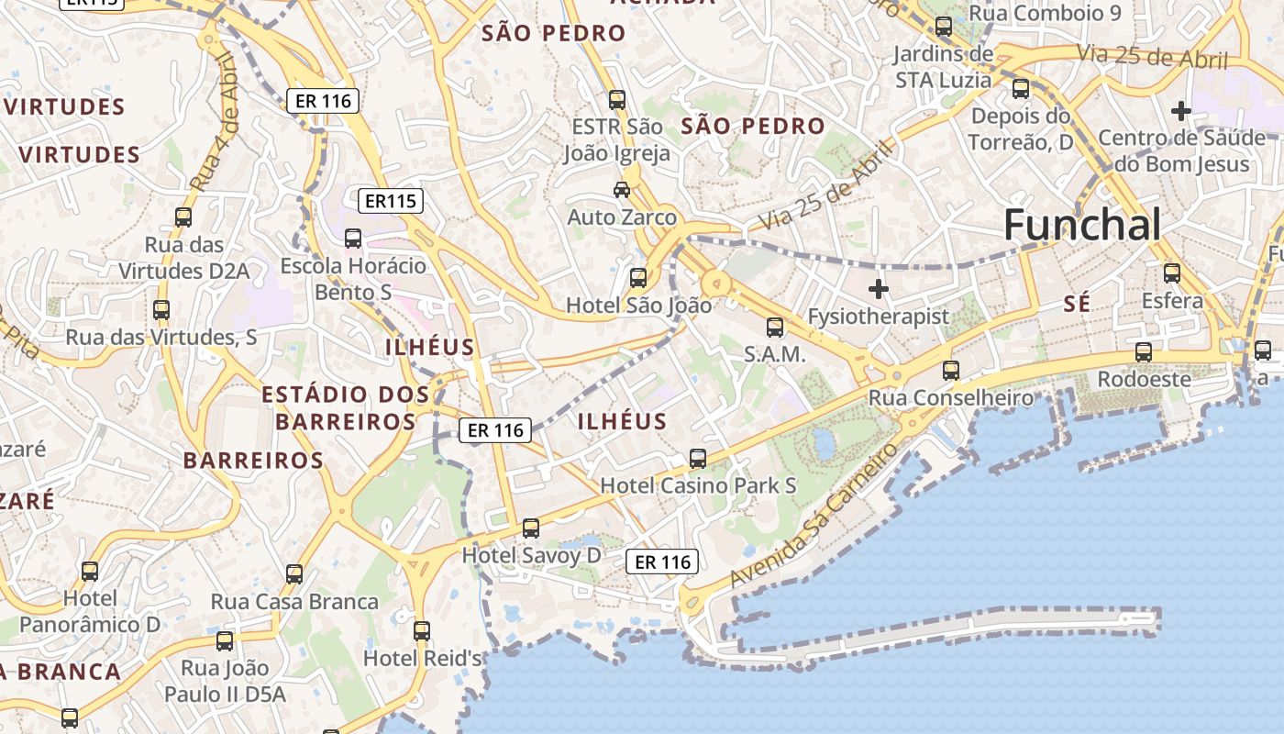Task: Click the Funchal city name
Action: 1082,225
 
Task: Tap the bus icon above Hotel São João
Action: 637,277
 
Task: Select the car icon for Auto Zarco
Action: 622,190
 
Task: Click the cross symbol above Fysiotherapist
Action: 879,289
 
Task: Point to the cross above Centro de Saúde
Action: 1181,112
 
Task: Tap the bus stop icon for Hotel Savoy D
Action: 531,528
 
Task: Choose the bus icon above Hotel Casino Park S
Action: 698,458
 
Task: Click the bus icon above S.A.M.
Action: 775,327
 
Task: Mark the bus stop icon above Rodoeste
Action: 1144,351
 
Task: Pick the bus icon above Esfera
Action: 1172,272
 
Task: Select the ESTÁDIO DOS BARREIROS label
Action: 345,408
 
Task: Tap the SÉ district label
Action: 1078,304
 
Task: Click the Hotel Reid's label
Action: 423,658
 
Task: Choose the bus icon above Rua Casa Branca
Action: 294,574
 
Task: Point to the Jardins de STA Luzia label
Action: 943,67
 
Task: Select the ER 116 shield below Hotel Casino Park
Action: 662,562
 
